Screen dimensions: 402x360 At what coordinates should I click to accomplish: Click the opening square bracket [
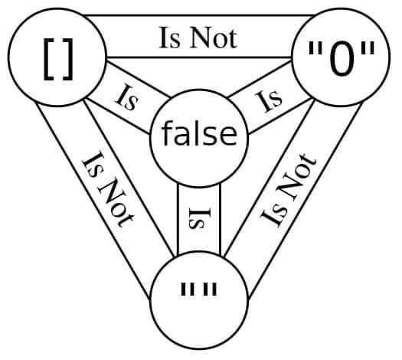[x=49, y=60]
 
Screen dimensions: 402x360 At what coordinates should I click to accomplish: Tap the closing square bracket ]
[x=67, y=60]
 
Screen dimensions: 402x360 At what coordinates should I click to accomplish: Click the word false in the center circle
[x=199, y=133]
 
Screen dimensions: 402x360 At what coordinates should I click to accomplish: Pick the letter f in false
[x=168, y=133]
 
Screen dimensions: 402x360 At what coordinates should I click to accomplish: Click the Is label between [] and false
[x=127, y=98]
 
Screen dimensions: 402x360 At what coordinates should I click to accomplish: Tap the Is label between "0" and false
[x=268, y=101]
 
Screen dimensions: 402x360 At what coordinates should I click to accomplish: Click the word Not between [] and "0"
[x=214, y=39]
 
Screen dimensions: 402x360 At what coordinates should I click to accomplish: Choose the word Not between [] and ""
[x=115, y=201]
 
